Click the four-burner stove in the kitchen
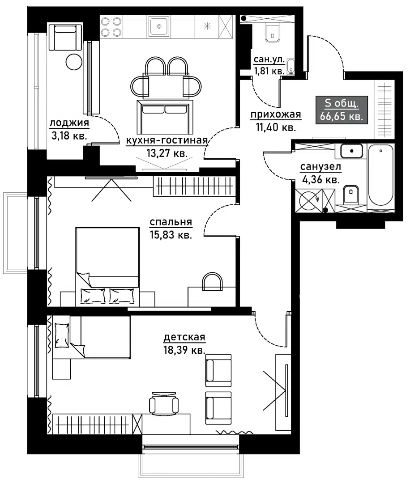click(111, 26)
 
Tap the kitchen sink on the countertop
click(158, 26)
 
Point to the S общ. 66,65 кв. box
click(342, 110)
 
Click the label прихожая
click(275, 115)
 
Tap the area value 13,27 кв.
click(167, 153)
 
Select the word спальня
click(171, 222)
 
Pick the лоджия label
click(69, 123)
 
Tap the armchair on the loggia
click(65, 38)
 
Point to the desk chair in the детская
click(163, 403)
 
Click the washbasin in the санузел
click(351, 151)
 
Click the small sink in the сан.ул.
click(291, 67)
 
